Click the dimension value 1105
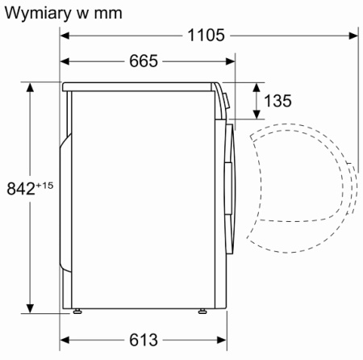point(207,35)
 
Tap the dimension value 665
point(142,61)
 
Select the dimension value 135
point(277,101)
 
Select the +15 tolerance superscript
point(44,185)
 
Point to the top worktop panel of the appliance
point(141,84)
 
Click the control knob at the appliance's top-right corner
point(226,101)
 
